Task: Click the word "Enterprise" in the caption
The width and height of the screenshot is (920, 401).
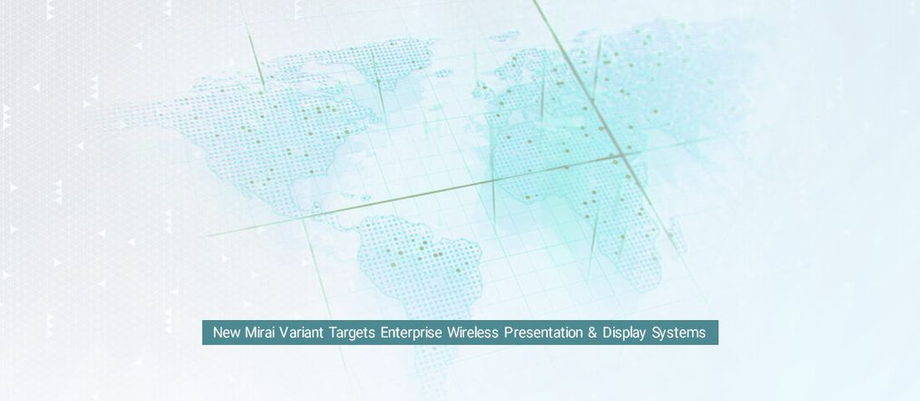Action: pos(411,333)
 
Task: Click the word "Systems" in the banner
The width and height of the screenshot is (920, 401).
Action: pos(679,333)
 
